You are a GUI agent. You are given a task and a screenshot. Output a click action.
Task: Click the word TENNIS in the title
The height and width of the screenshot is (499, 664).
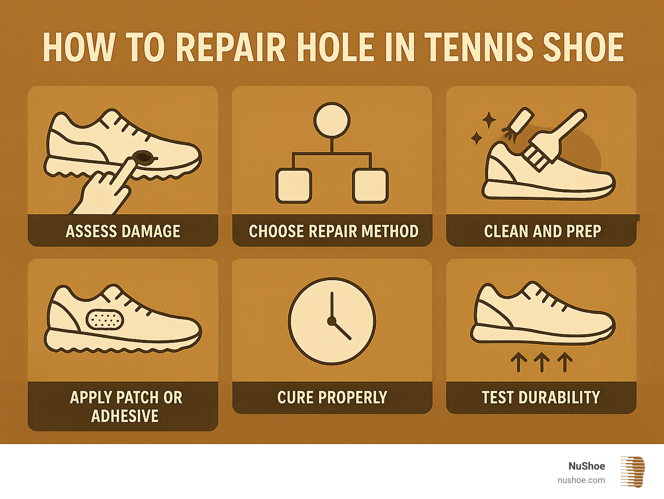click(x=479, y=48)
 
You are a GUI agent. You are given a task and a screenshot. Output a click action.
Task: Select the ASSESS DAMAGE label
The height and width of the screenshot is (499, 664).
click(x=123, y=231)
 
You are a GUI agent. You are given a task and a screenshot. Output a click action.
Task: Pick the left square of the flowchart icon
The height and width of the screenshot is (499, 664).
click(x=294, y=186)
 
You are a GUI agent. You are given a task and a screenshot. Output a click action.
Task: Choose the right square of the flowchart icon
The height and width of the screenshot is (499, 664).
click(x=370, y=186)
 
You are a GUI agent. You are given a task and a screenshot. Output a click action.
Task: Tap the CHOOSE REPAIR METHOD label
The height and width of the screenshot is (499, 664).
click(x=333, y=231)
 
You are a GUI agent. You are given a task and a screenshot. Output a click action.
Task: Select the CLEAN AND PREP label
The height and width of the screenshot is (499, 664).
click(x=543, y=231)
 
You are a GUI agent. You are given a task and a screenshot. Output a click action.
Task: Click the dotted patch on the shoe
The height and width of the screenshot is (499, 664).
click(x=105, y=320)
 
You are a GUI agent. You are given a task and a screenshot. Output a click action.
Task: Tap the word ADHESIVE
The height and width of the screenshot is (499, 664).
click(x=125, y=416)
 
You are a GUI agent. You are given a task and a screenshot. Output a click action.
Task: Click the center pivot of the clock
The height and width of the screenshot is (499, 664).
click(x=332, y=321)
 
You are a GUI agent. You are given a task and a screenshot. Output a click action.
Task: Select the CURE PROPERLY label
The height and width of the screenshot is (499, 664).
click(x=332, y=397)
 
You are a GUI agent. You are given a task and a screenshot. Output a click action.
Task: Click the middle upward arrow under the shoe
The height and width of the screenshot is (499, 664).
click(x=542, y=362)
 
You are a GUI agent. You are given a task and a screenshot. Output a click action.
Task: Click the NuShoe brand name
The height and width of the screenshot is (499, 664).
click(x=587, y=466)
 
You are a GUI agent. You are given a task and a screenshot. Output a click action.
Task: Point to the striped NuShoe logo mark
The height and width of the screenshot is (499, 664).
click(x=632, y=472)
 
